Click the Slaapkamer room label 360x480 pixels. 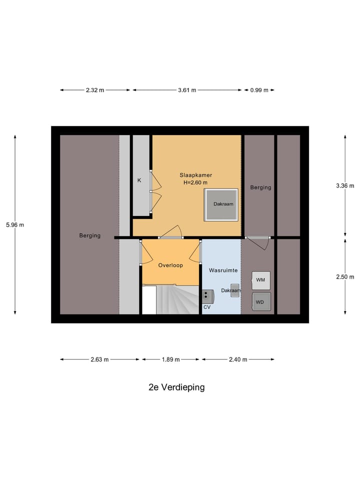pos(196,175)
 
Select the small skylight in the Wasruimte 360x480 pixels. pos(235,291)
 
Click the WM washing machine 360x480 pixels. pos(260,280)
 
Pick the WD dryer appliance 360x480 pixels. pos(260,302)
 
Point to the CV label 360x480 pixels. pos(206,307)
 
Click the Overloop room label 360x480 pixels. pos(170,265)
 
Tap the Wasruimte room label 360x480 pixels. pos(223,270)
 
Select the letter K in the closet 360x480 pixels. pos(139,180)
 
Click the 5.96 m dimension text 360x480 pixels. pos(15,225)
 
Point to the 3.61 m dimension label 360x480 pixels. pos(187,90)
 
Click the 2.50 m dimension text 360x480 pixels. pos(345,277)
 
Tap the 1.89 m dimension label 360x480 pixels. pos(171,359)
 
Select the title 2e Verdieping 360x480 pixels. pos(176,387)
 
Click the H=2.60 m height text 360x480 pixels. pos(195,182)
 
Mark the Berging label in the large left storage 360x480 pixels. pos(90,235)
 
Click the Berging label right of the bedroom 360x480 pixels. pos(260,187)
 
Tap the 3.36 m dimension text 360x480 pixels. pos(345,186)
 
